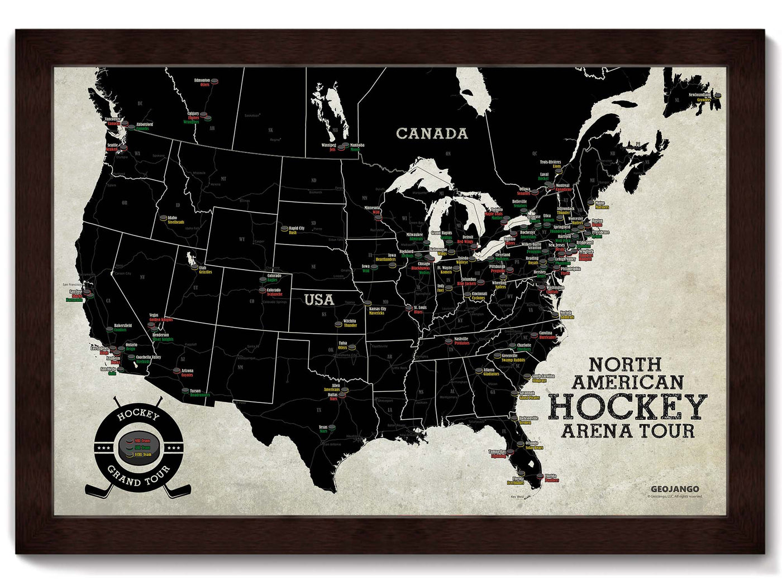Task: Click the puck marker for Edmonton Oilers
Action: pyautogui.click(x=214, y=81)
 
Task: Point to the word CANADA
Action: pyautogui.click(x=432, y=133)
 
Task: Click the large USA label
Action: pyautogui.click(x=319, y=300)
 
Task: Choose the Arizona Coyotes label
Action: pyautogui.click(x=187, y=373)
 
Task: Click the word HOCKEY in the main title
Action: pyautogui.click(x=628, y=406)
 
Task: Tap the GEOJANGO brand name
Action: pyautogui.click(x=678, y=489)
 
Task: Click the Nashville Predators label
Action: pyautogui.click(x=461, y=341)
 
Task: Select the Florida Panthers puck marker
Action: pyautogui.click(x=538, y=477)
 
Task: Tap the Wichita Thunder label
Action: pyautogui.click(x=350, y=323)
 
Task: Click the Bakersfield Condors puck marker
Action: pyautogui.click(x=109, y=329)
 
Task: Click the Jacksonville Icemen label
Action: pyautogui.click(x=524, y=420)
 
